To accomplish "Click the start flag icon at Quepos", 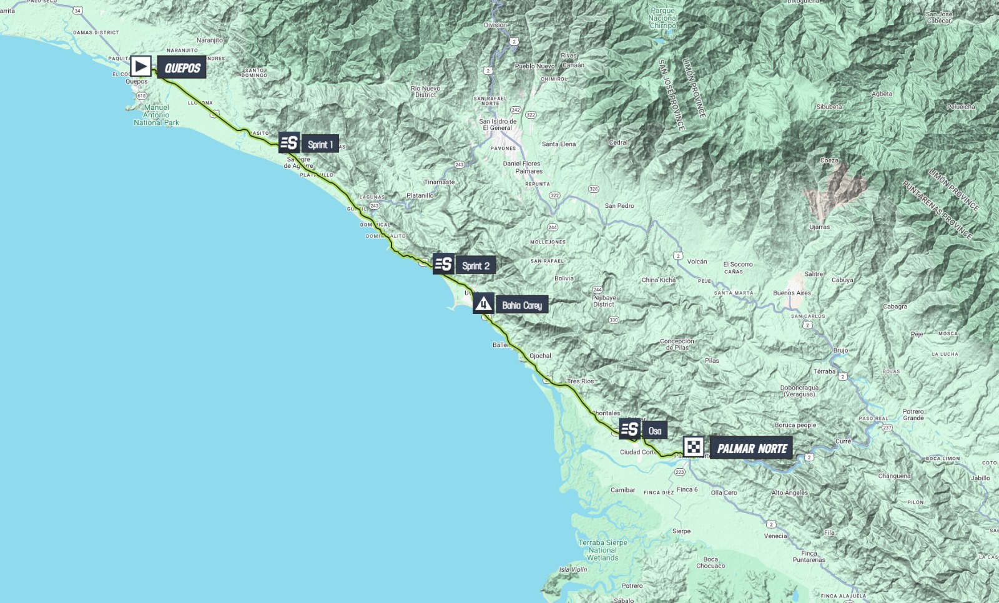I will tap(140, 66).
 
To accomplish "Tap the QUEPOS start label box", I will tap(182, 67).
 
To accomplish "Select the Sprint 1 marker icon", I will tap(289, 143).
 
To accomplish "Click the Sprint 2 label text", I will tap(476, 266).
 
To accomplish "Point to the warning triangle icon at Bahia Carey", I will tap(483, 303).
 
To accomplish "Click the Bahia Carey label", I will tap(522, 305).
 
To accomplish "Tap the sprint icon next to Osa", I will tap(629, 429).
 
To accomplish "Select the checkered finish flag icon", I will tap(694, 447).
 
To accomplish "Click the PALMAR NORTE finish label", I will tap(752, 448).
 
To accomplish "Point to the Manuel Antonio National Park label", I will tap(156, 115).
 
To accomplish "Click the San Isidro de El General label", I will tap(498, 124).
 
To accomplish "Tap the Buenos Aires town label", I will tap(792, 293).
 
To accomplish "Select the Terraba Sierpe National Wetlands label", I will tap(603, 550).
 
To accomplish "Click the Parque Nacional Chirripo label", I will tap(662, 18).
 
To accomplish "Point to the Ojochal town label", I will tap(540, 356).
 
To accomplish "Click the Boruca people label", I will tap(795, 425).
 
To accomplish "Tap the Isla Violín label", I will tap(573, 569).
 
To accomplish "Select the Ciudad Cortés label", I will tap(637, 452).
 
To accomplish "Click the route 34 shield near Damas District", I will tap(77, 11).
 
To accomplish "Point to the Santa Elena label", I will tap(559, 144).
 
